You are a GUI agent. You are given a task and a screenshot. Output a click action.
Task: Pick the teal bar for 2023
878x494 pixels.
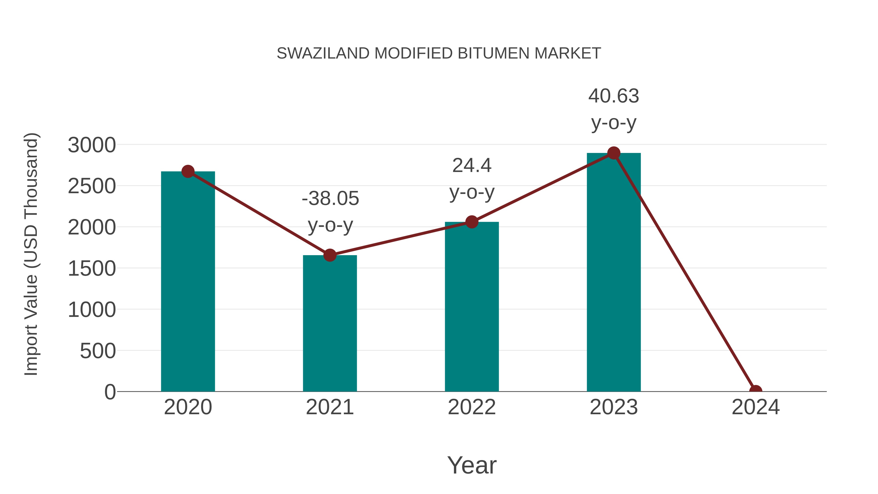point(614,273)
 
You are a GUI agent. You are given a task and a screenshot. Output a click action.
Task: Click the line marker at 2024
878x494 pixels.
point(756,391)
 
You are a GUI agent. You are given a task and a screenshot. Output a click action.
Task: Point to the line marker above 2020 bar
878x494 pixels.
point(188,171)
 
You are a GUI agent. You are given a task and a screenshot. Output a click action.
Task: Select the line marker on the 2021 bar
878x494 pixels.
point(329,255)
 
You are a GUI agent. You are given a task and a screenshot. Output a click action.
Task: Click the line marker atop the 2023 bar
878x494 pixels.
point(614,153)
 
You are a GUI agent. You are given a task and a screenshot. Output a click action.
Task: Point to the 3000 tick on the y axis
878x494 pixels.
point(92,145)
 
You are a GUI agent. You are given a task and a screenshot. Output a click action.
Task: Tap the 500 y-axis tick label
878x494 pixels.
point(98,351)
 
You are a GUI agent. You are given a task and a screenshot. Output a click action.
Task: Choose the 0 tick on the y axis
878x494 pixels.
point(110,392)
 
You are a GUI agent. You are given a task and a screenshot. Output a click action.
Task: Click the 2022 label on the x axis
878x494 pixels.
point(472,407)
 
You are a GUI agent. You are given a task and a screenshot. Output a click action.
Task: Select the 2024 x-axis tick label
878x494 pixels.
point(756,407)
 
